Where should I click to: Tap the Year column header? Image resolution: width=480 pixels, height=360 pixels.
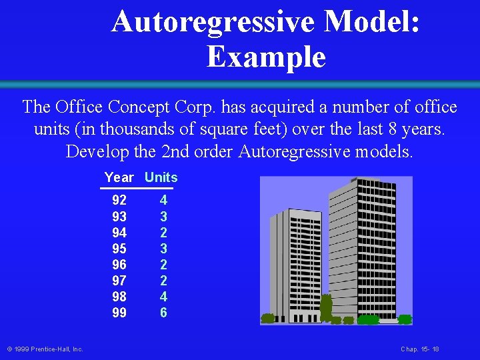click(119, 177)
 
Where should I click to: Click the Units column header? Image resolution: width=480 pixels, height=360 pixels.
click(161, 177)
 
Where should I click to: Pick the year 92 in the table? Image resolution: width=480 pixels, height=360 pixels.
click(119, 200)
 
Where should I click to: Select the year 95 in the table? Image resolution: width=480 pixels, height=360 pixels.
click(119, 248)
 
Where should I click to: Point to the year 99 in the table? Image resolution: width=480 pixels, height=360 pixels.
click(119, 312)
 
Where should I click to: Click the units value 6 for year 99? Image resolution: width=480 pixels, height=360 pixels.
click(163, 312)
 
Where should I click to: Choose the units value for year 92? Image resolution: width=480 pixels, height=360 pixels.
click(163, 200)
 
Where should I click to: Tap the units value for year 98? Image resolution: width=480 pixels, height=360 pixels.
click(163, 296)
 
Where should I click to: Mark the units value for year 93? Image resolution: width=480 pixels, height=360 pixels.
click(163, 216)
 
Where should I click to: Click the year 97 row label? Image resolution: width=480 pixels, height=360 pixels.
click(119, 280)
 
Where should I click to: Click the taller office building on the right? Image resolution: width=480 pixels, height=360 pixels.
click(357, 247)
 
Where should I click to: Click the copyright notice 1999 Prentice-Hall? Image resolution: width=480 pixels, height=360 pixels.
click(45, 349)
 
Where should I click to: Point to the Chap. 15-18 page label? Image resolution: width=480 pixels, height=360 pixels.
click(420, 349)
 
